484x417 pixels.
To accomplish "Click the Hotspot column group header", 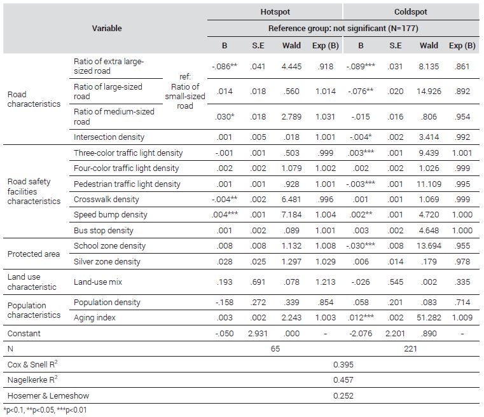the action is point(275,12).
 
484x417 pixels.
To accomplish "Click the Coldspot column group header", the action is point(410,12).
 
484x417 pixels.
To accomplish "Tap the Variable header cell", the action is point(107,29).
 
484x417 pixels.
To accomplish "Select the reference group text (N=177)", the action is point(343,29).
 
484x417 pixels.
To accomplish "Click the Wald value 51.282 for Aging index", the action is point(429,318).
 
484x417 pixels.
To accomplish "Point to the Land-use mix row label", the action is point(98,282).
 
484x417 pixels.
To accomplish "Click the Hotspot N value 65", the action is point(275,349).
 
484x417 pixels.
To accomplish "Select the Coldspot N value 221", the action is point(410,349).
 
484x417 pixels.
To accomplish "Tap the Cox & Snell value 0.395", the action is point(343,365).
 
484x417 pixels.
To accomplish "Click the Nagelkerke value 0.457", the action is point(343,380).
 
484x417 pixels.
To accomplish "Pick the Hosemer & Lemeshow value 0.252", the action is point(343,396).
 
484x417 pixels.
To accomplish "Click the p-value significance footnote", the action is point(45,410).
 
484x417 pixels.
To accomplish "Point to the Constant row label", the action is point(24,334).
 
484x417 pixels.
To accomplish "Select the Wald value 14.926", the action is point(429,92).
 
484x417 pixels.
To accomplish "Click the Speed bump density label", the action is point(111,215).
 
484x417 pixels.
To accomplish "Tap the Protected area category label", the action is point(34,254).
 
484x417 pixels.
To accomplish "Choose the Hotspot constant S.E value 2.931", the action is point(258,334).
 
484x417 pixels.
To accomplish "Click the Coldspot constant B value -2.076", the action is point(361,334).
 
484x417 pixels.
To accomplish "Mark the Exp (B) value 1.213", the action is point(326,282).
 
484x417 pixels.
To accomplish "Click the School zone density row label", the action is point(109,246).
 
